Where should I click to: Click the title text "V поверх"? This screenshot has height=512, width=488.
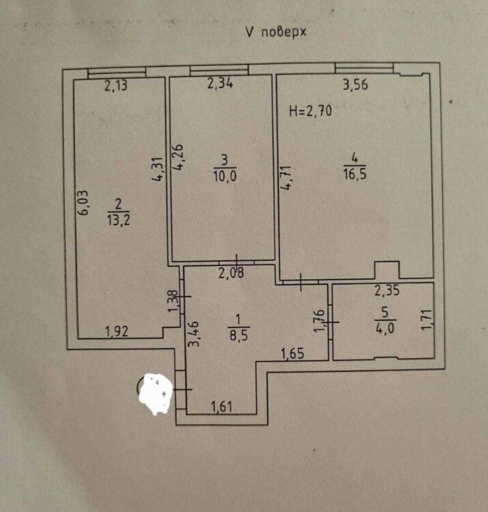275,32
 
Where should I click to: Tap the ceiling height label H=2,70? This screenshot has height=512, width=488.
311,112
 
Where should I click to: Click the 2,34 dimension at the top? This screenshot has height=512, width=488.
220,85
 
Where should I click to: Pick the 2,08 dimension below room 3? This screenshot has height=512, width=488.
232,274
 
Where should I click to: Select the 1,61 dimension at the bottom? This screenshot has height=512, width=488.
221,408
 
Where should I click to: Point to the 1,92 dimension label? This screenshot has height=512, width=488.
117,332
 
